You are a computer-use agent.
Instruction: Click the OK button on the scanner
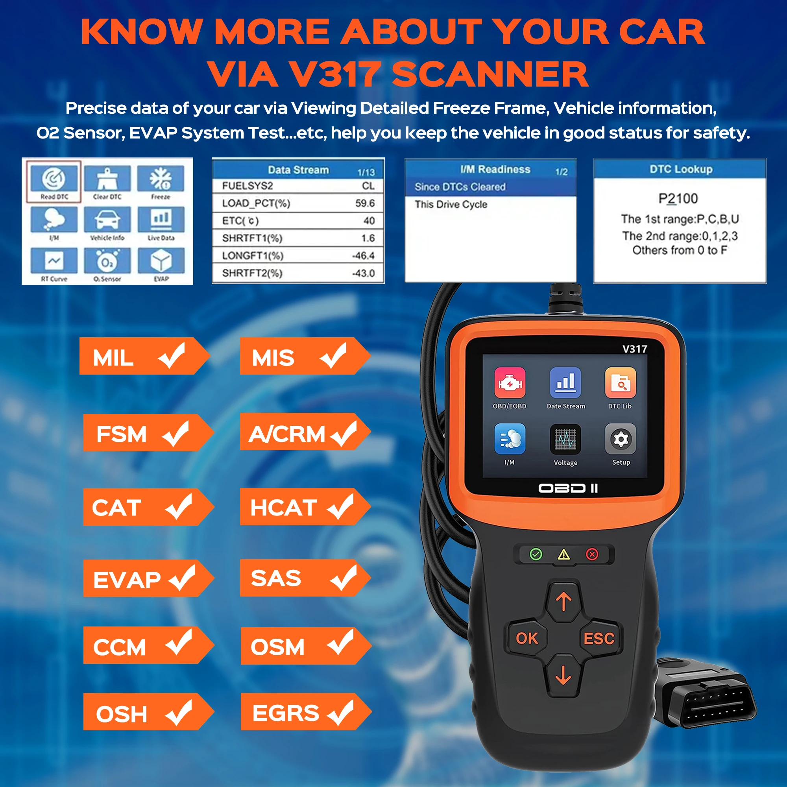pos(527,638)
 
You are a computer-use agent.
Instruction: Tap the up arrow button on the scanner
pos(564,602)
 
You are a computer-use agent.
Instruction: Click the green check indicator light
pos(536,554)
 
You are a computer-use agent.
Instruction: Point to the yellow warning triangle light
pos(564,554)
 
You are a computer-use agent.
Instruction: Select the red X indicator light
pos(592,554)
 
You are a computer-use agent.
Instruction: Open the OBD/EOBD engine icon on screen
pos(510,383)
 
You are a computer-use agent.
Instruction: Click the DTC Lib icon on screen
pos(620,383)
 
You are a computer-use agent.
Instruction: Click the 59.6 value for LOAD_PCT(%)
pos(365,203)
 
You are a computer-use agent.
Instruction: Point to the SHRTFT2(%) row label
pos(252,273)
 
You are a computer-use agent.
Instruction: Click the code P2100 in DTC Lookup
pos(678,198)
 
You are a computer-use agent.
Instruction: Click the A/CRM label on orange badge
pos(287,434)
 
